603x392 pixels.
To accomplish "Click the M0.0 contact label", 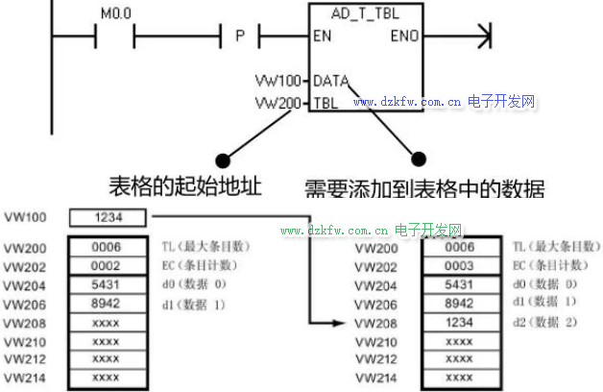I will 116,14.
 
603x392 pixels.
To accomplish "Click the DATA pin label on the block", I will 330,81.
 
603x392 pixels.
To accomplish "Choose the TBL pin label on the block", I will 325,102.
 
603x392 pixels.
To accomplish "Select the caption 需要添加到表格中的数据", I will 424,188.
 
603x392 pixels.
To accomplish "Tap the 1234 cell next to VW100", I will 108,218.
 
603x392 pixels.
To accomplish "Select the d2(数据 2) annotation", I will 543,323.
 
